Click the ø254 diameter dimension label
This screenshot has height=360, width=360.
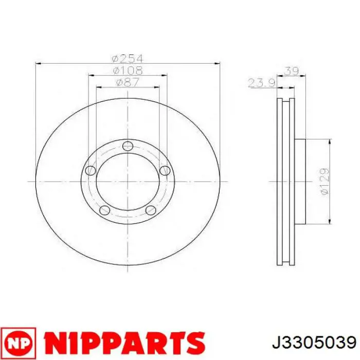click(x=128, y=59)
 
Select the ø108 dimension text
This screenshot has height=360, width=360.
click(x=128, y=70)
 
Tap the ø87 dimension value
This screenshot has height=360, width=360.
click(x=128, y=82)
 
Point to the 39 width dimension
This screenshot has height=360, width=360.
click(x=292, y=71)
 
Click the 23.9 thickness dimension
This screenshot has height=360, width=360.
click(x=262, y=83)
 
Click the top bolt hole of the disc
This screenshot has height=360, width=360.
click(x=128, y=146)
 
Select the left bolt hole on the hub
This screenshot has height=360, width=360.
click(x=91, y=170)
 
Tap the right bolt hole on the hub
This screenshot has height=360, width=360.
click(x=165, y=170)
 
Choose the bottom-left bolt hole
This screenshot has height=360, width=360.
click(x=105, y=210)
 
